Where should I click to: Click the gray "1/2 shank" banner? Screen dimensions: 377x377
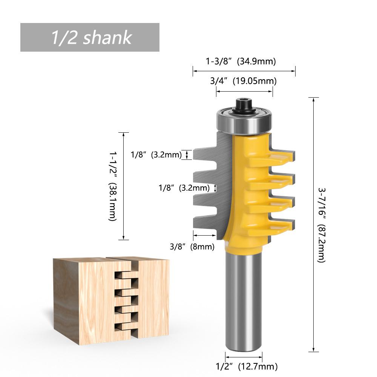(90, 37)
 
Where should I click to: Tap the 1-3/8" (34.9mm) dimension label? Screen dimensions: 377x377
(241, 61)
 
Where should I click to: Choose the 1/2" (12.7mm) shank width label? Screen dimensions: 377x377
(247, 366)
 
